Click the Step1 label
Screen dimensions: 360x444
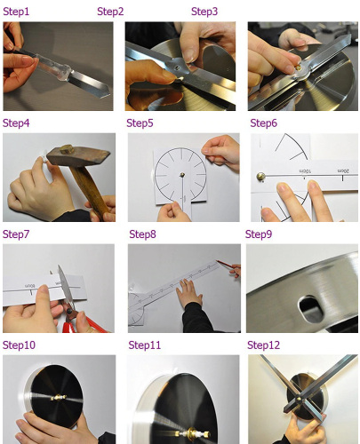(16, 12)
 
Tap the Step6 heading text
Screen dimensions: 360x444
(263, 123)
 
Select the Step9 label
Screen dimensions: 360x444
(259, 234)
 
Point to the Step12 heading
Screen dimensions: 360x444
(263, 345)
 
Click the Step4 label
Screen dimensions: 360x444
(16, 123)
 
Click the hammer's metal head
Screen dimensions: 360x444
(78, 156)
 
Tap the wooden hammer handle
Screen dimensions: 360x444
(91, 189)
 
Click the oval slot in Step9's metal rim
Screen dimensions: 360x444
(310, 309)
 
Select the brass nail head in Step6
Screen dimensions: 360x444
(260, 177)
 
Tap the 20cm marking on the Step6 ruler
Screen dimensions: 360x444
(343, 171)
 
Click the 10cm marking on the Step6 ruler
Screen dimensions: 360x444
(305, 171)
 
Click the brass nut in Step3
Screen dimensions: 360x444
(298, 68)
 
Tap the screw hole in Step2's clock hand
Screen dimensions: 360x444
(177, 67)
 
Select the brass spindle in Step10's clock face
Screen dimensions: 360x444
(59, 398)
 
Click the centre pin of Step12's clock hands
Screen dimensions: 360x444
(299, 400)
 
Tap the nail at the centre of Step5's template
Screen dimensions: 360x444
(182, 175)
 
